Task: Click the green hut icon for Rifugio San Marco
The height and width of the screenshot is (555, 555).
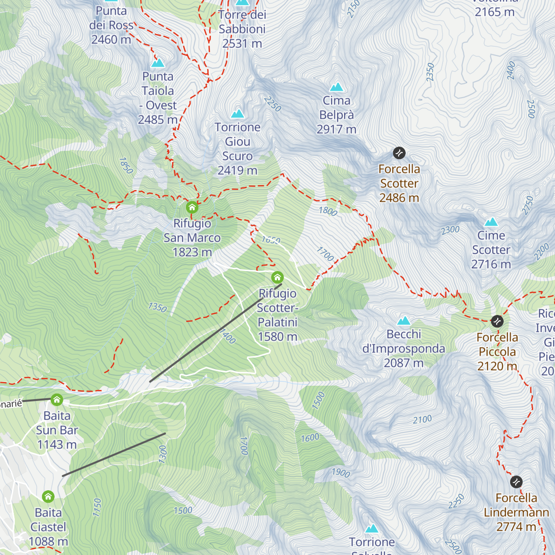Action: (x=192, y=207)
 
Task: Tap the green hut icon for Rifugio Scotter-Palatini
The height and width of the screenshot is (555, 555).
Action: (x=277, y=277)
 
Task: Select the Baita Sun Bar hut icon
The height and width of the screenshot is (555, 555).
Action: (x=57, y=399)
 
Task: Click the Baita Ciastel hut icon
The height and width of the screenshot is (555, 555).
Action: (x=48, y=497)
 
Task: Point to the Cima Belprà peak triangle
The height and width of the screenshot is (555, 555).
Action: (x=337, y=87)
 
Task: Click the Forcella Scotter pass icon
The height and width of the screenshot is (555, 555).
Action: (x=399, y=153)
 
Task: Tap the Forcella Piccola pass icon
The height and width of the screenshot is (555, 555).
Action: (x=497, y=321)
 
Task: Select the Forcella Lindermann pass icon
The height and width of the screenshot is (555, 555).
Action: (x=516, y=482)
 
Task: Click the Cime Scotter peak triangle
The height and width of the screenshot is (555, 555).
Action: (x=491, y=222)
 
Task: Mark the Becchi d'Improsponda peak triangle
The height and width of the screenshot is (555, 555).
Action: (x=404, y=321)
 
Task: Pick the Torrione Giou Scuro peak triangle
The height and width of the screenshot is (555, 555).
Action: (x=238, y=114)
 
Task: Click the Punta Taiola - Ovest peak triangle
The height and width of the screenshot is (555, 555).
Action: (x=158, y=63)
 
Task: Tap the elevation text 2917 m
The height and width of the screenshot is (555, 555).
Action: (x=336, y=129)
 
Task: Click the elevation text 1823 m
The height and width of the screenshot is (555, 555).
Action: (x=192, y=252)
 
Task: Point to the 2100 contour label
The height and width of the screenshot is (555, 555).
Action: (x=422, y=419)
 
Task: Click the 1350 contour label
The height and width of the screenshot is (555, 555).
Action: (x=157, y=307)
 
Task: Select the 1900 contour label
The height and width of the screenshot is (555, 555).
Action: (x=341, y=472)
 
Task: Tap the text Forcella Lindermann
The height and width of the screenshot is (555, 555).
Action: (x=516, y=505)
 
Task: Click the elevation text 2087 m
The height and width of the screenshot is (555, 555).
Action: (x=403, y=363)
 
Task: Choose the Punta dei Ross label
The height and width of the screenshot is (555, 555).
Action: (x=111, y=18)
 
